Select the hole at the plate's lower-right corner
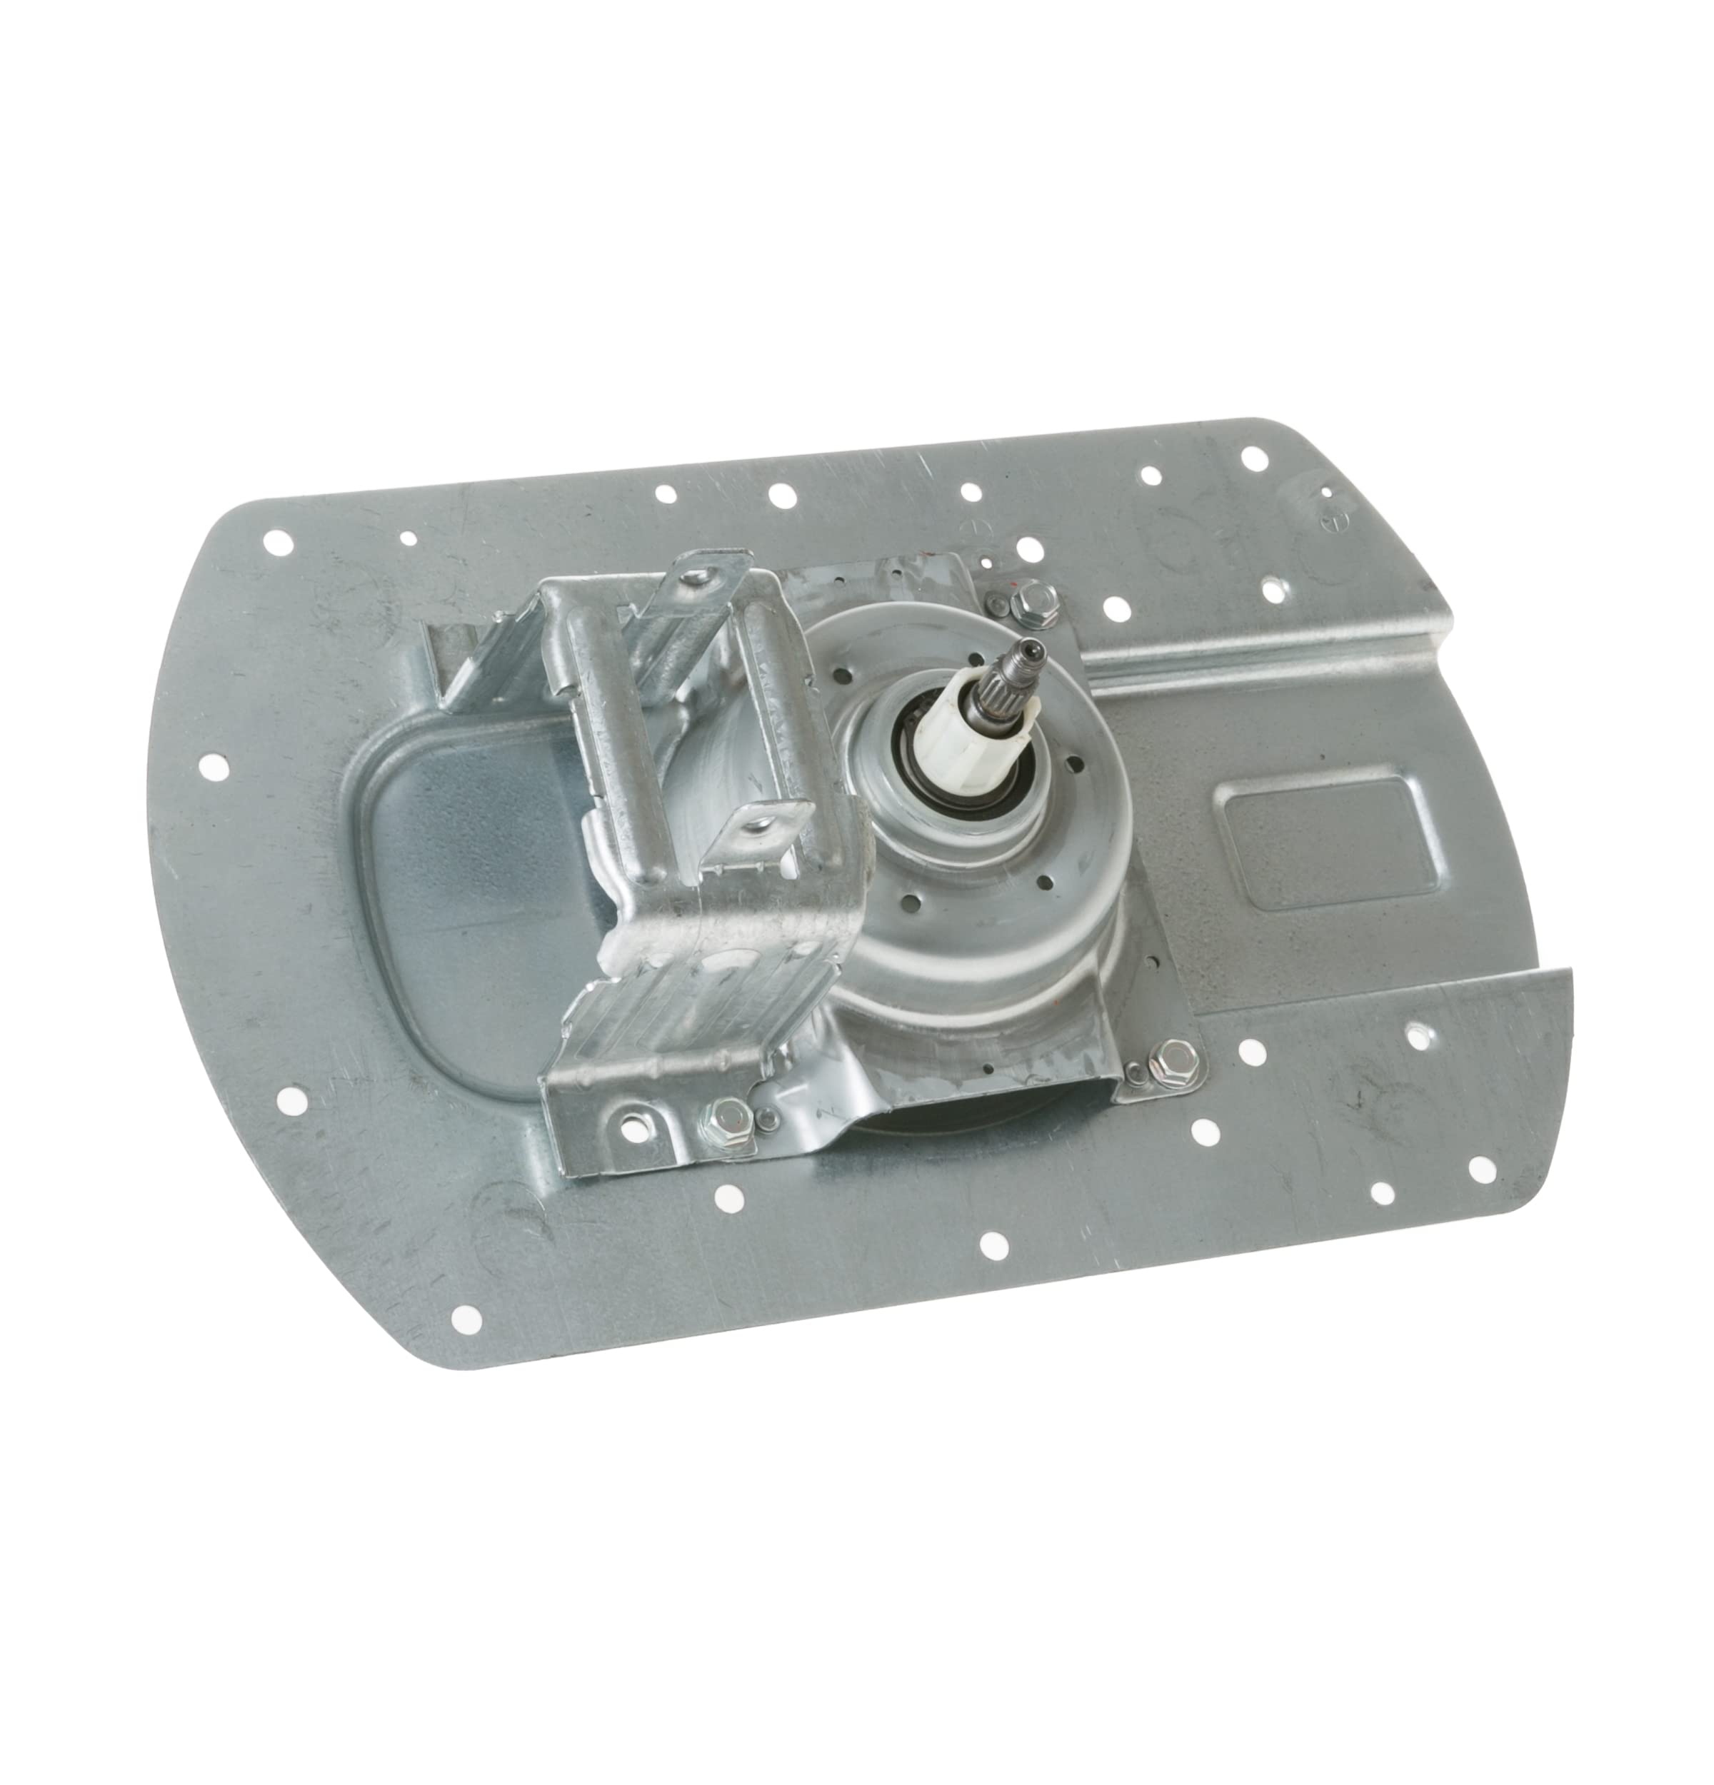[1480, 1168]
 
